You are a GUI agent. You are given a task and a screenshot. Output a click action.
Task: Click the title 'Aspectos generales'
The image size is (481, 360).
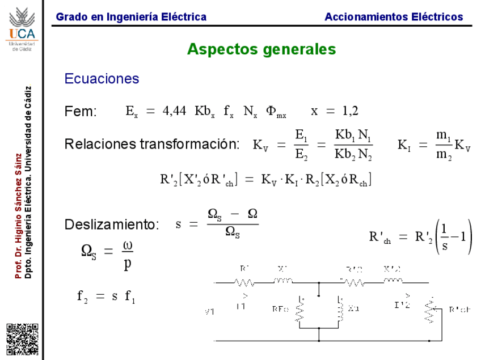coord(261,49)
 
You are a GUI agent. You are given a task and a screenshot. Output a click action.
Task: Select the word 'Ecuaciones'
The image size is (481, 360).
coord(102,79)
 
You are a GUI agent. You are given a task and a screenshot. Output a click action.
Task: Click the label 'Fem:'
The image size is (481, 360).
coord(81,112)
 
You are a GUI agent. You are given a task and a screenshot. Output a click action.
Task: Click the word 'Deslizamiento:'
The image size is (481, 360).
coord(112,225)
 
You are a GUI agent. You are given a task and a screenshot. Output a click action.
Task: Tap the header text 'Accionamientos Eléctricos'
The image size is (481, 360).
coord(394,17)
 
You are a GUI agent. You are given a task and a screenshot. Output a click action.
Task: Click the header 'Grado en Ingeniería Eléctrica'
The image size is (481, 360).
coord(131,17)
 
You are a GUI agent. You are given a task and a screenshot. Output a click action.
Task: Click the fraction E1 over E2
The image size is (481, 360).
coord(301,145)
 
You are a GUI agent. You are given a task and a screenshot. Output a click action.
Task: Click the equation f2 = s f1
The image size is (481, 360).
coord(106,295)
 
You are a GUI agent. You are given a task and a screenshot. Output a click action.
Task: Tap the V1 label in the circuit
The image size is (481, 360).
coord(210,312)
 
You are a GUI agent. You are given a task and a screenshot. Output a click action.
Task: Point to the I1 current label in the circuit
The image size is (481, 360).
coord(241,306)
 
